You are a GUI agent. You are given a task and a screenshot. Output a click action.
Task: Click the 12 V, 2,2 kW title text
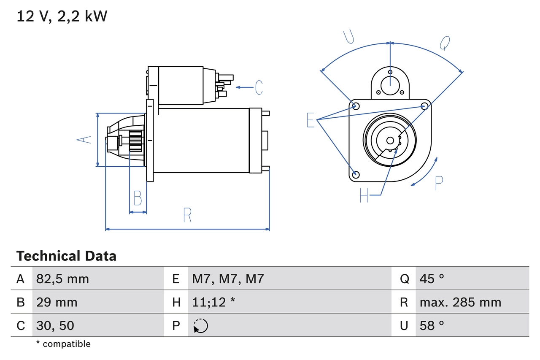click(x=62, y=16)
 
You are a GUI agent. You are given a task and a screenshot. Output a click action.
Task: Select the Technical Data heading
click(x=66, y=256)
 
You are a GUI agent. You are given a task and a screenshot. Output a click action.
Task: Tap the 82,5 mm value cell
click(x=62, y=279)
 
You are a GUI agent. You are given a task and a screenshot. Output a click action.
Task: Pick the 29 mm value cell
click(x=57, y=302)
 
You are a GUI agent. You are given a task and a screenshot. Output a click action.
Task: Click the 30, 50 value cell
click(x=55, y=325)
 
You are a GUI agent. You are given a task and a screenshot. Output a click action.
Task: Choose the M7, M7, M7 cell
click(x=228, y=279)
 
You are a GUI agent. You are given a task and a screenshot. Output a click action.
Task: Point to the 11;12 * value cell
click(x=213, y=302)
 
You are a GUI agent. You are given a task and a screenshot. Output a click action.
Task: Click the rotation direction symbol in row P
click(x=200, y=326)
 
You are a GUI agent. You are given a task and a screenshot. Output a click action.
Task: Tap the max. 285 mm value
click(x=460, y=302)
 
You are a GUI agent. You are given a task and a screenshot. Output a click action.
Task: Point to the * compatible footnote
click(x=63, y=344)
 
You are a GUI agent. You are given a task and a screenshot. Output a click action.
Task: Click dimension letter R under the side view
click(x=187, y=215)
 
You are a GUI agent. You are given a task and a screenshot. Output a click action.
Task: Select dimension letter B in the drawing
click(x=138, y=198)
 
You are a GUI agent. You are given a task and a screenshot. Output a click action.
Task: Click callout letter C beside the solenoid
click(x=259, y=87)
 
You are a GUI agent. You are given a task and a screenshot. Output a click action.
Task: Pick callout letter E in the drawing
click(x=310, y=120)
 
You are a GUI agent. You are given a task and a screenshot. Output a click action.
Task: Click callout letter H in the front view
click(x=364, y=195)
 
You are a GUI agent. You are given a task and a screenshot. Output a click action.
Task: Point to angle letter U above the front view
click(x=348, y=37)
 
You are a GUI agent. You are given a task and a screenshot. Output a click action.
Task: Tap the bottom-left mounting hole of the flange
click(x=356, y=174)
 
